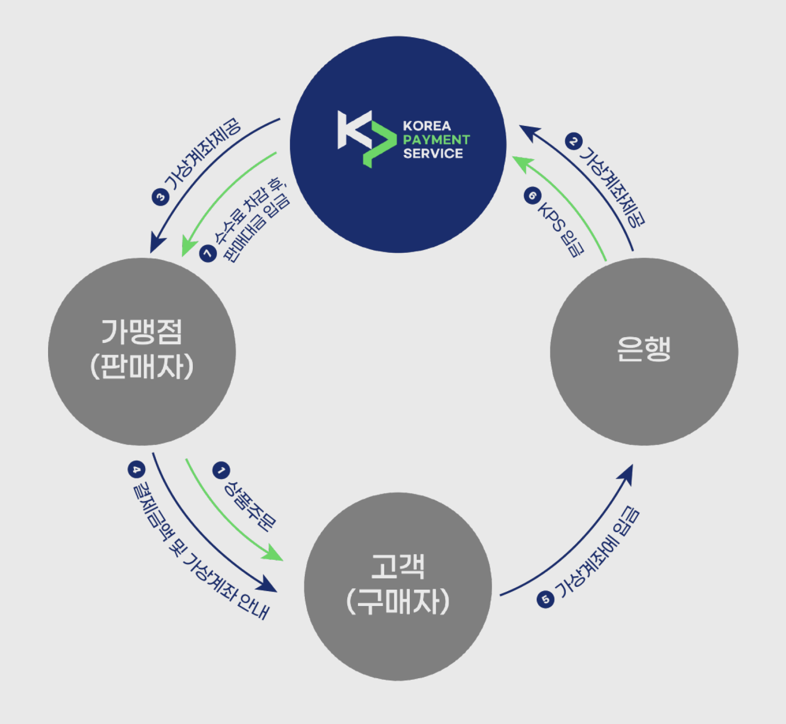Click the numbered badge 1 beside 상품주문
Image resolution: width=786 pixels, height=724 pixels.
[221, 470]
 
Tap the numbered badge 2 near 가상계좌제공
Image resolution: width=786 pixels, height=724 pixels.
[573, 141]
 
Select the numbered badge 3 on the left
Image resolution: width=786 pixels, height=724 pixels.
[160, 197]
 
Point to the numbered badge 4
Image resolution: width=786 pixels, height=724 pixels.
[136, 469]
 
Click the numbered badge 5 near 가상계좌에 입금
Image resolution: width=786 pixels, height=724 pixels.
[545, 599]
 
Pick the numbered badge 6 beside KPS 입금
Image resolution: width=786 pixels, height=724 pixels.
[532, 195]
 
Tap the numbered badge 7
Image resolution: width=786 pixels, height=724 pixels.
[208, 253]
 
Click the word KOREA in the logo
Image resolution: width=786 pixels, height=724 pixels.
[427, 126]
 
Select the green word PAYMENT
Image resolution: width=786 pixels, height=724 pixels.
[436, 139]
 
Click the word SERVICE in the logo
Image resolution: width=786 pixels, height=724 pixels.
[433, 153]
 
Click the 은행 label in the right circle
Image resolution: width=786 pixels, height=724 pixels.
[644, 349]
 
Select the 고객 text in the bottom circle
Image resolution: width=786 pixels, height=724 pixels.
[398, 566]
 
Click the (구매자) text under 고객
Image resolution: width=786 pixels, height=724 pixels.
[398, 602]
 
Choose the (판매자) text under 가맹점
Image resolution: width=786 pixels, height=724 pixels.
[141, 367]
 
